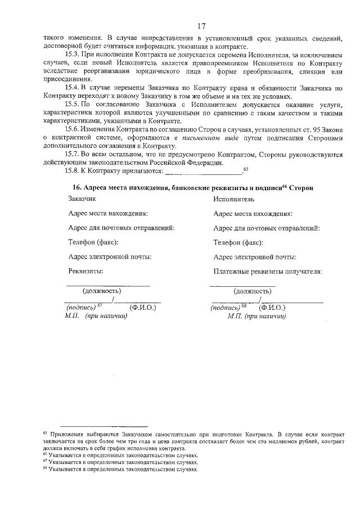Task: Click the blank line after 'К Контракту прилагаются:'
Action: tap(203, 172)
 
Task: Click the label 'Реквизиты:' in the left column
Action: tap(86, 272)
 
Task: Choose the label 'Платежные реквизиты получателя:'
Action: tap(268, 272)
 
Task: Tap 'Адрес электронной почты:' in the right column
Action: tap(255, 257)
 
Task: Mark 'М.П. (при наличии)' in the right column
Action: tap(256, 316)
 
